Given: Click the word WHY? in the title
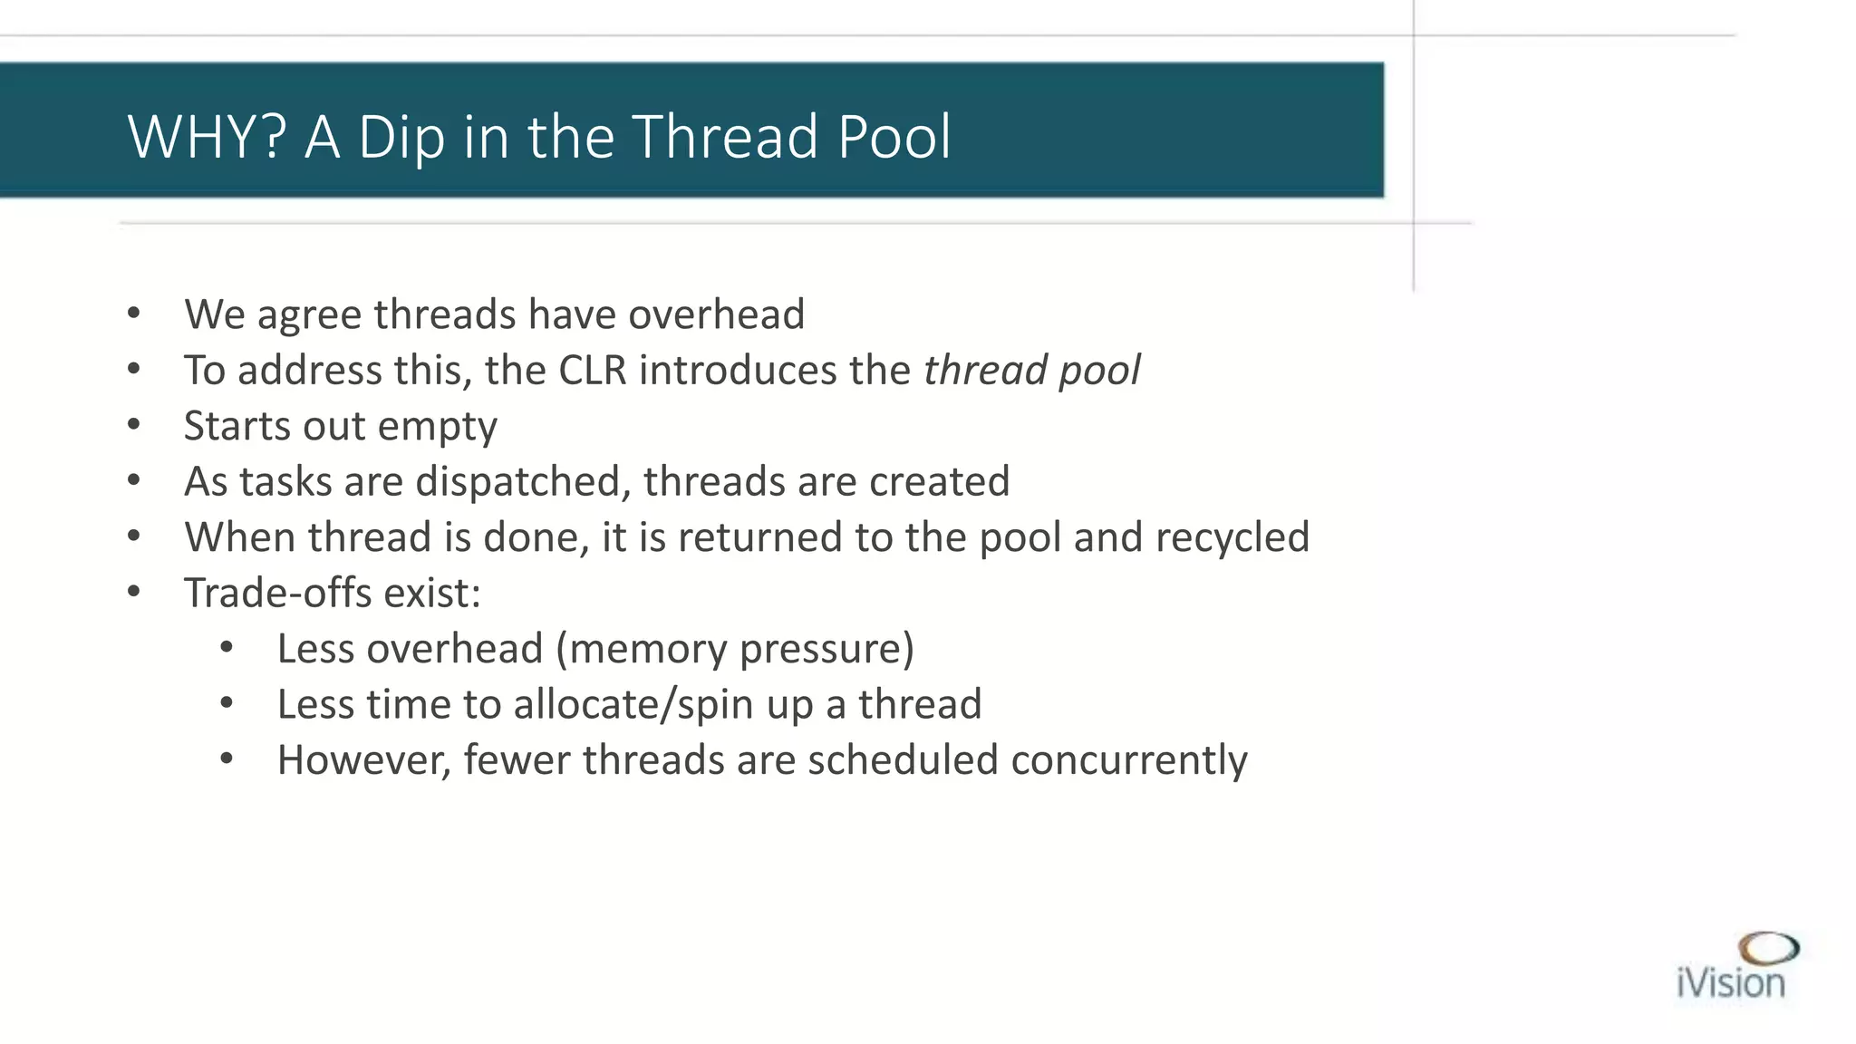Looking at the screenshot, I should point(207,137).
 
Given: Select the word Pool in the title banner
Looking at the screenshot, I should point(894,137).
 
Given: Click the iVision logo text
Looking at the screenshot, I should point(1730,983).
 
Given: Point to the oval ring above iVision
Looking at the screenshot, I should point(1768,949).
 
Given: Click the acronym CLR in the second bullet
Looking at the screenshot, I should point(593,370).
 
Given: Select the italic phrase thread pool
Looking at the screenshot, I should point(1031,370).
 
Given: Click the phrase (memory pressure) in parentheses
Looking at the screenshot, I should point(735,649).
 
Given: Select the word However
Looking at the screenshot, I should point(363,759).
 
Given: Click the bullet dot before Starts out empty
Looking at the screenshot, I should point(134,424).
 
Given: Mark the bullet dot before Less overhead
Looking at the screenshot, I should point(227,647).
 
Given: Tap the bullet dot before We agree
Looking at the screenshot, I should point(134,314).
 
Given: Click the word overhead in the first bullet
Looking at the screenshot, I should point(716,314).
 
